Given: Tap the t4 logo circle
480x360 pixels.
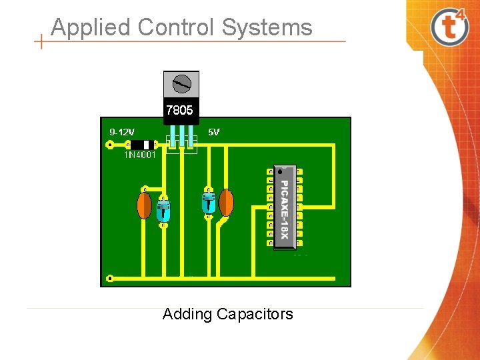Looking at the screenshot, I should click(449, 26).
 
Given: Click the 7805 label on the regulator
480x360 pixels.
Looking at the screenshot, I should click(179, 110).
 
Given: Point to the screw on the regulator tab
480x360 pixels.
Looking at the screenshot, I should click(181, 84).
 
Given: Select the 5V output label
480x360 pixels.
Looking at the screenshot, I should click(214, 132).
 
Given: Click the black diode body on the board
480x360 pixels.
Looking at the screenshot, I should click(142, 144).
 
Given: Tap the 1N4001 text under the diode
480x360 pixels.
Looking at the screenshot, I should click(140, 155).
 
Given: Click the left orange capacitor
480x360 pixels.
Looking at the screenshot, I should click(144, 205).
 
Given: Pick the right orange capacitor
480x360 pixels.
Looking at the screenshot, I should click(226, 203).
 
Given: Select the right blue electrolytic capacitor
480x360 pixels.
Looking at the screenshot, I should click(209, 202).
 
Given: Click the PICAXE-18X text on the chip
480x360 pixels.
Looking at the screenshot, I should click(284, 209).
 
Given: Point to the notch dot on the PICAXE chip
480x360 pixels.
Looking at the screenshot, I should click(280, 171).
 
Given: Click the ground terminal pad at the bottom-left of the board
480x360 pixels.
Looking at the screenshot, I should click(110, 277).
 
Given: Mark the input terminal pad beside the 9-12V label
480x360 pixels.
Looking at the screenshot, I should click(110, 144).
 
